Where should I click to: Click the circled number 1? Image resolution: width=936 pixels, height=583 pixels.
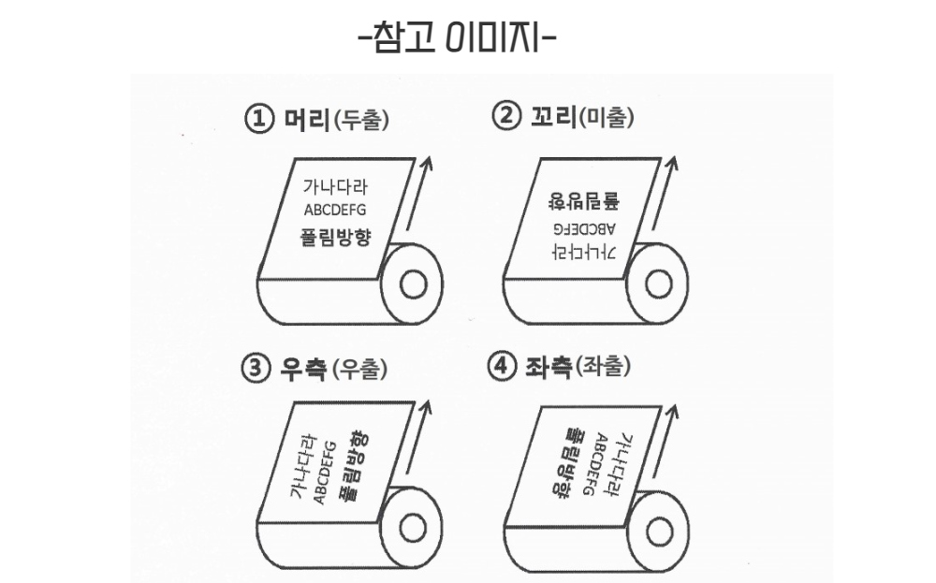point(256,120)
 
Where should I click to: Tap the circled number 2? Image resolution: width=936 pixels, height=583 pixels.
point(505,118)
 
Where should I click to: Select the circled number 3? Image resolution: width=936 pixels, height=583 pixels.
point(256,369)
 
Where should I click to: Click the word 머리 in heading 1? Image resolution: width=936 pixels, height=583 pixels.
point(302,120)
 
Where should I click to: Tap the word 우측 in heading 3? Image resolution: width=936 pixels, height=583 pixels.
point(302,369)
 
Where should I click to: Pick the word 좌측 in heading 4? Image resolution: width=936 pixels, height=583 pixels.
point(548,367)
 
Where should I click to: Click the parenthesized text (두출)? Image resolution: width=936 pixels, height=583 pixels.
point(360,121)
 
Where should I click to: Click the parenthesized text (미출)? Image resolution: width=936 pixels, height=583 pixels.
point(607,119)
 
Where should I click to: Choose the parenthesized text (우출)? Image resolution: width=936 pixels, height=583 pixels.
point(360,370)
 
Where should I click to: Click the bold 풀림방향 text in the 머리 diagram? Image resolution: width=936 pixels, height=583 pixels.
point(335,236)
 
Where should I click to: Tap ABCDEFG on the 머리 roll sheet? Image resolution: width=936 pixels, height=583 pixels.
point(335,210)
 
